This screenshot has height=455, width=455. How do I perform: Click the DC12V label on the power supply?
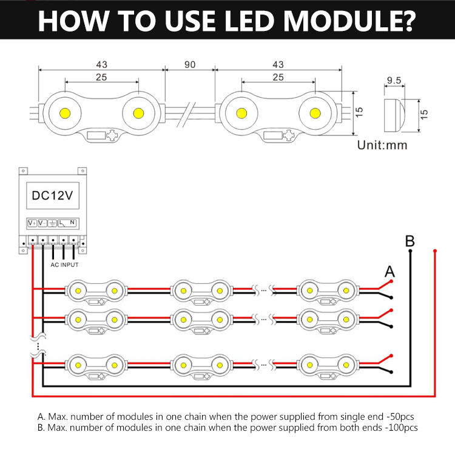(x=52, y=195)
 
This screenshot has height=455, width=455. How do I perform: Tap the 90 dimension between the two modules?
(x=190, y=64)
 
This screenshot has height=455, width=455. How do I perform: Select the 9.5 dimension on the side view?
(x=394, y=80)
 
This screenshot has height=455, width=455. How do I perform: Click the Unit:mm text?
(x=382, y=145)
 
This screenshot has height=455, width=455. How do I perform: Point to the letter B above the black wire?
(x=409, y=241)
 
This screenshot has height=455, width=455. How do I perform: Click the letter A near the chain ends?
(x=389, y=272)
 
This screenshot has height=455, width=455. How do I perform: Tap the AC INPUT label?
(x=64, y=265)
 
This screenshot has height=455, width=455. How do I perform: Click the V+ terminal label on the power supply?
(x=32, y=223)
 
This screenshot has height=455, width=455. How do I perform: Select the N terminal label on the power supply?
(x=72, y=222)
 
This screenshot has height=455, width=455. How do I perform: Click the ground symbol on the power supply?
(x=52, y=223)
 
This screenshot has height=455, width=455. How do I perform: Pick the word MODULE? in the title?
(x=349, y=21)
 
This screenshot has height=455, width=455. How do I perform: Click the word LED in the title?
(x=249, y=21)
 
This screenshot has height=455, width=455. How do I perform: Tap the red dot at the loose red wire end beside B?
(x=435, y=251)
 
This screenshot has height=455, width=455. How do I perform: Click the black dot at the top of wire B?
(x=410, y=251)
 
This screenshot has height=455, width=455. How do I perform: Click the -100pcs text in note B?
(x=402, y=428)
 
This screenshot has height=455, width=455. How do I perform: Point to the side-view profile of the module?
(x=395, y=115)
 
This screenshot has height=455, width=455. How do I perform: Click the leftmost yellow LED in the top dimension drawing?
(x=65, y=113)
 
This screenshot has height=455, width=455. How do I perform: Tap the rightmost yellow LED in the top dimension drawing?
(x=315, y=113)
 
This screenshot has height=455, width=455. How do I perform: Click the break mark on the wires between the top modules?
(x=186, y=114)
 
